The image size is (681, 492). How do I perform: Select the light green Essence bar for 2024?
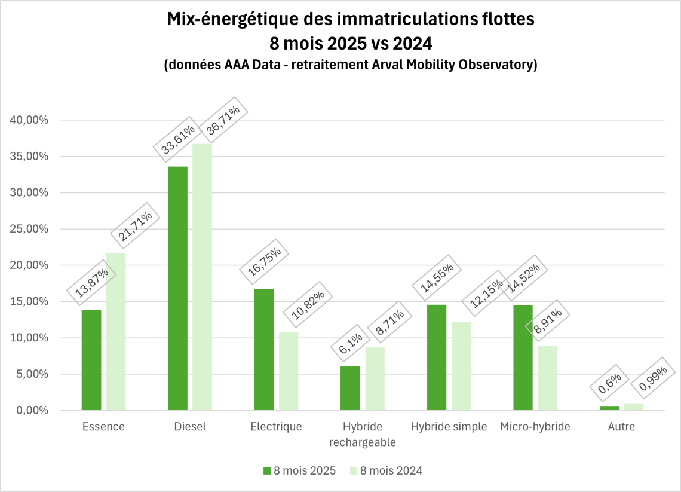click(116, 331)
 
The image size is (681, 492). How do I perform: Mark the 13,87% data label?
click(92, 283)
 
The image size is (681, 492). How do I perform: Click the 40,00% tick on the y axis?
click(29, 120)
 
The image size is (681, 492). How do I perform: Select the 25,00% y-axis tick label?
click(29, 229)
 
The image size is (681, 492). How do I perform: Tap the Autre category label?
click(621, 427)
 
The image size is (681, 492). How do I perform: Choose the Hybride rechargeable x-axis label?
click(363, 435)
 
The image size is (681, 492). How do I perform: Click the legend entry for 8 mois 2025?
click(299, 471)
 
